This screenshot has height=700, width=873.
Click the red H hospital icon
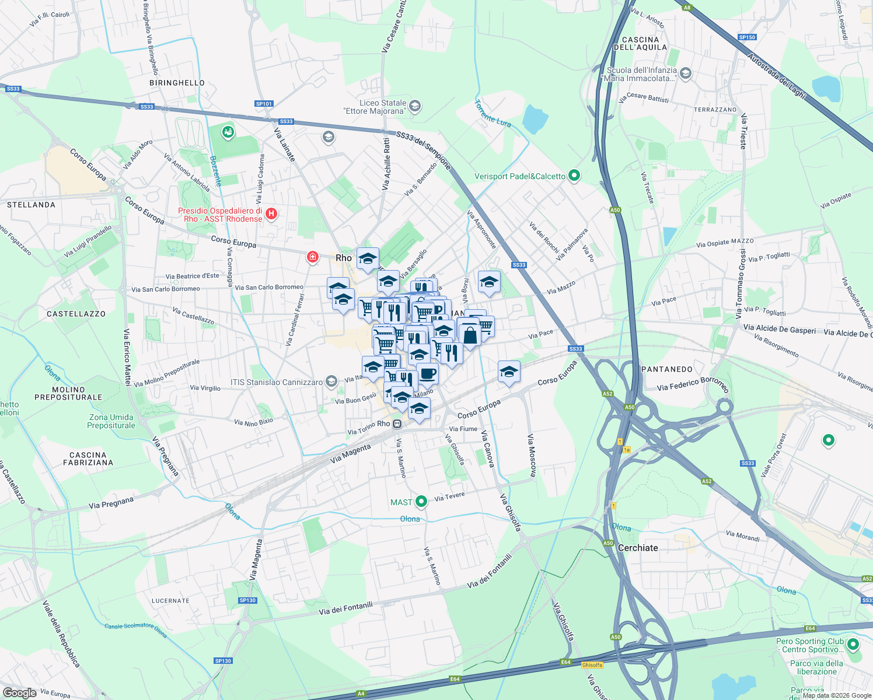271,214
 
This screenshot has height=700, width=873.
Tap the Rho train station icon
397,423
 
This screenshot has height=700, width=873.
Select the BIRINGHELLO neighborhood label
177,83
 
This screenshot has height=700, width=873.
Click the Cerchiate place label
638,548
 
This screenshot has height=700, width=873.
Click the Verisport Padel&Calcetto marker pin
574,175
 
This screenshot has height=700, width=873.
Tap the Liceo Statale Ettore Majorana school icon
415,106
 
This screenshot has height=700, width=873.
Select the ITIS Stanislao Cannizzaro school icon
331,382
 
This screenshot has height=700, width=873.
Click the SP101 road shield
264,104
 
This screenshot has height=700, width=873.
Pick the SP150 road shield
747,37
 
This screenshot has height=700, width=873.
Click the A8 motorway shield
687,8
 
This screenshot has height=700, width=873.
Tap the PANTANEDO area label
667,369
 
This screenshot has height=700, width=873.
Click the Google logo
19,693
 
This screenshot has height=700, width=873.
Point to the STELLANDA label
32,205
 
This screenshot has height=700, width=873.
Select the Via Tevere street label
449,496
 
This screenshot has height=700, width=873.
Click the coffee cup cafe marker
427,373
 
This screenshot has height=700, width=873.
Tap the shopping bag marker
470,335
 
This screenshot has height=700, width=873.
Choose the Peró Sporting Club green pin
853,645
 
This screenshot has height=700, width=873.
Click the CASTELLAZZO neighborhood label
76,314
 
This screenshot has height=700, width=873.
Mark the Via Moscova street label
532,455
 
